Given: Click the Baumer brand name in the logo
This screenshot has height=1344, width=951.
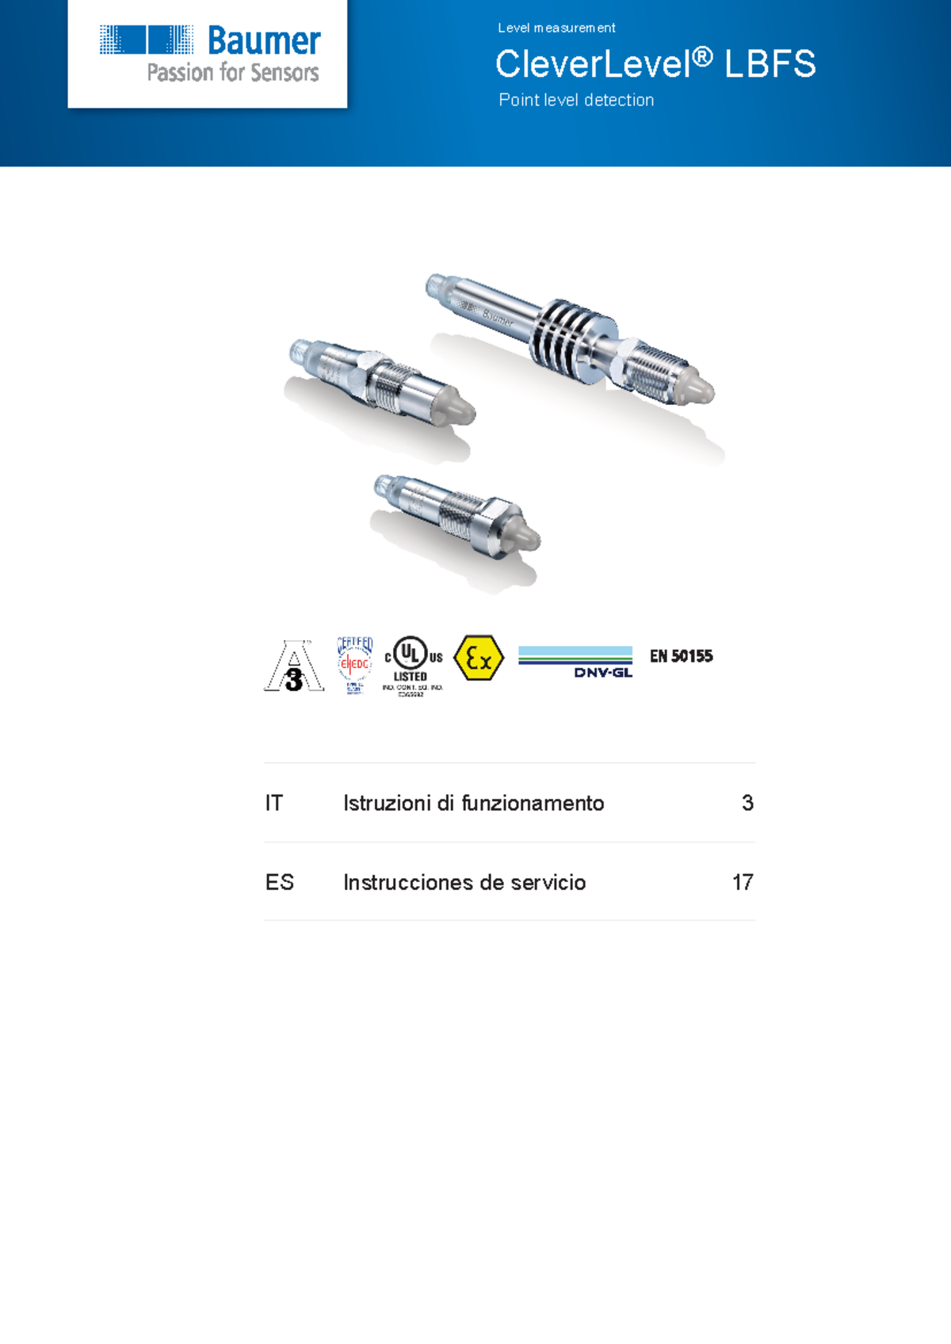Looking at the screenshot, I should [264, 41].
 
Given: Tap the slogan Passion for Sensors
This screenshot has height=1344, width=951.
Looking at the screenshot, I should [233, 73].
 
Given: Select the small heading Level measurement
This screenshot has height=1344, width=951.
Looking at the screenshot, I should [556, 28].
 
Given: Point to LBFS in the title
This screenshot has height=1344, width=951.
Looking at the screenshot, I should [770, 64].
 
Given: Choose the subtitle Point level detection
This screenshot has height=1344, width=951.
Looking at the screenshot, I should [576, 101].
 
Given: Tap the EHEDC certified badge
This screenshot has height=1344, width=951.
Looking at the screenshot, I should [354, 664].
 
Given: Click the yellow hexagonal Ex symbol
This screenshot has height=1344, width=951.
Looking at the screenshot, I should [479, 658].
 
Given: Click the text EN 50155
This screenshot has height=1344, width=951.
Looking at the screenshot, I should [681, 656].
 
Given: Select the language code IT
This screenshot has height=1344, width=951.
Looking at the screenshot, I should [273, 804].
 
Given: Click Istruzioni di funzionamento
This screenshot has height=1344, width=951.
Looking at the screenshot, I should [473, 804].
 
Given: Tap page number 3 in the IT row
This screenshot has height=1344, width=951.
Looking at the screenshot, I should [747, 804].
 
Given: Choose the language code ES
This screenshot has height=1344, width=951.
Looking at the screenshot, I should [279, 883].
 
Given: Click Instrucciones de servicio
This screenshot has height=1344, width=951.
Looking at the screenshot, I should [464, 883].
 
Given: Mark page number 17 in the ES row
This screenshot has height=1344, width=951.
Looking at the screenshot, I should [743, 883].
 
